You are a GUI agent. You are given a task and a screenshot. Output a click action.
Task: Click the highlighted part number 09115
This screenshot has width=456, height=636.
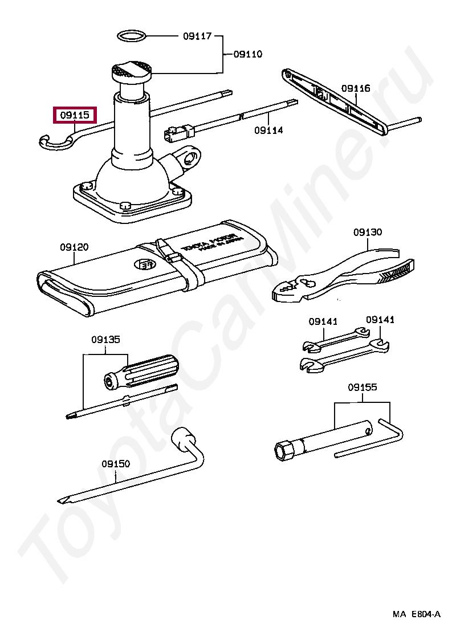coord(75,115)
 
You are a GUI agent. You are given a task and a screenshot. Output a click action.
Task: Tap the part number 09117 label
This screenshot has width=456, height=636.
coord(197,36)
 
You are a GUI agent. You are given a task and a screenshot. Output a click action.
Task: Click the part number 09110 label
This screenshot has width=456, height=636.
coord(248,55)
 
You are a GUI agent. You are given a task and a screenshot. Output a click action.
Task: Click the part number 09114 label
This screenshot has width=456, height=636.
coord(268,131)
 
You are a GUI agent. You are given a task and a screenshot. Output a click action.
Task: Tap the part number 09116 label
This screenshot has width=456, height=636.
coord(356,88)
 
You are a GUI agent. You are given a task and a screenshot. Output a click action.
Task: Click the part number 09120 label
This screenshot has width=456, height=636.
coord(74,247)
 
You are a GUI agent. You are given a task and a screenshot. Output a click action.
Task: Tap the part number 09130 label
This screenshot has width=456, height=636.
coord(368,233)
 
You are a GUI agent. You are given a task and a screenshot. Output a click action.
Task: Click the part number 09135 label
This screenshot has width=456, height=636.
coord(105,340)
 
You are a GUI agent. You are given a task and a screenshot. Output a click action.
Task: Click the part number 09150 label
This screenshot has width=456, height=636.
coord(116,464)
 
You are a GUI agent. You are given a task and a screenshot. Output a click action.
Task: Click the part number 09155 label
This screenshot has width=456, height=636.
coord(363,388)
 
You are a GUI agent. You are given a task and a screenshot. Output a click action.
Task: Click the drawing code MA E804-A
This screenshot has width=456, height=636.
coord(416,614)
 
